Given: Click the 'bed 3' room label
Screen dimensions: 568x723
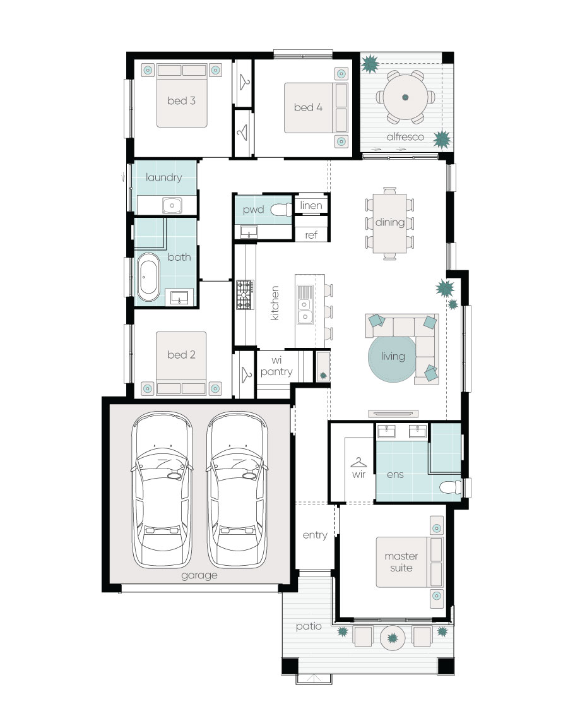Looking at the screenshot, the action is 181,100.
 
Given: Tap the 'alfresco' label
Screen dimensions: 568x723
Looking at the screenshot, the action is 405,137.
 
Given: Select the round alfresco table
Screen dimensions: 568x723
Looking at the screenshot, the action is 405,97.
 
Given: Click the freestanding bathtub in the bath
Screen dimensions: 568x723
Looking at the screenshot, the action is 148,277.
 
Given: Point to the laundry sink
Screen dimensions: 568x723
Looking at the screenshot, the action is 172,205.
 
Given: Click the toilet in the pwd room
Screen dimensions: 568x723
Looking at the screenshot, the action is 281,210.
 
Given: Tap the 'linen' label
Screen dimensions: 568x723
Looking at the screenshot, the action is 311,205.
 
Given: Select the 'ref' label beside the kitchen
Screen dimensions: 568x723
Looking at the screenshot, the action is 311,235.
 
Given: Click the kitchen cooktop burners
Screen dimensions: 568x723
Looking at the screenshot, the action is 245,295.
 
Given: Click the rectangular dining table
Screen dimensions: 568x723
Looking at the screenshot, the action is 389,223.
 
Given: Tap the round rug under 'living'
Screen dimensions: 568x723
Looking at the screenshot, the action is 393,358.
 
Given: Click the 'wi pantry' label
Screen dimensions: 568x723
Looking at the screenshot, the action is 276,366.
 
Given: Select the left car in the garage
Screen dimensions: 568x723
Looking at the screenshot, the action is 162,489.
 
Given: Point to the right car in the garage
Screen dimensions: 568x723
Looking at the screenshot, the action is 237,489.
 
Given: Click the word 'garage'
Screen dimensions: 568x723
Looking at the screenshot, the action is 199,575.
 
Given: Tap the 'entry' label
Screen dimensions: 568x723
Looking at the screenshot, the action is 315,535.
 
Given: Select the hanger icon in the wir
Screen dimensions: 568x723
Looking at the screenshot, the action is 358,462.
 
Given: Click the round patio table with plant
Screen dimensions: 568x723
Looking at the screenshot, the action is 393,638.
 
